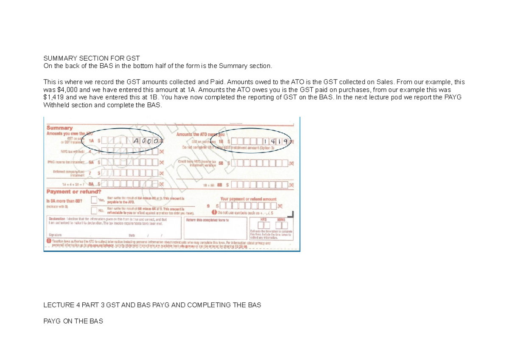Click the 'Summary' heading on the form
[x=60, y=128]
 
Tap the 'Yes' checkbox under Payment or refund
[x=94, y=200]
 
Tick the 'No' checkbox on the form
[x=94, y=210]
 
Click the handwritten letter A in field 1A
[x=136, y=141]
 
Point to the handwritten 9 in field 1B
[x=286, y=141]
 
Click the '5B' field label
[x=220, y=162]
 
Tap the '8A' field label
[x=91, y=184]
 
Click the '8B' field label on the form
[x=220, y=185]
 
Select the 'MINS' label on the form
[x=281, y=219]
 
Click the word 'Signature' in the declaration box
[x=55, y=235]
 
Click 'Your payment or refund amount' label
[x=248, y=199]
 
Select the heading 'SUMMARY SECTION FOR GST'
[x=92, y=58]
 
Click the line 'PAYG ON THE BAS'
[x=73, y=321]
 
